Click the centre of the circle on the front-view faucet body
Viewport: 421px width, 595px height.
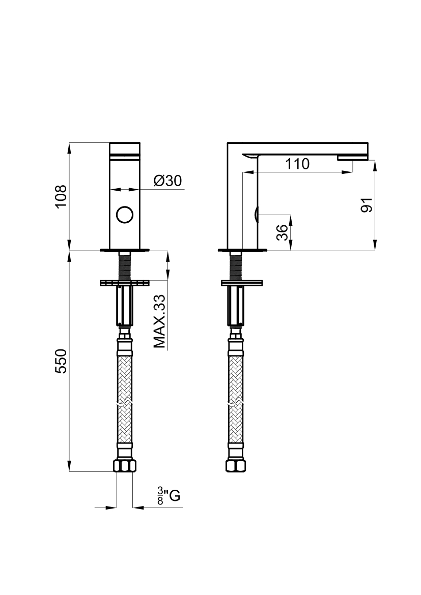click(125, 215)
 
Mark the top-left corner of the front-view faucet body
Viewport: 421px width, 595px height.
click(110, 143)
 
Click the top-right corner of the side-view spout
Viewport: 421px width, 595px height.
click(369, 143)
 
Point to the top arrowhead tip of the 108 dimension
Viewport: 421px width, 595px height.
click(70, 143)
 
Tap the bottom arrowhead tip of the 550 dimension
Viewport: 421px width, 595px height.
click(70, 471)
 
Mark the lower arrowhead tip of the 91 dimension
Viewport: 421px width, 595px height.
click(375, 250)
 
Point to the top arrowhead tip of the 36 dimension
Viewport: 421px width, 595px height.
click(290, 215)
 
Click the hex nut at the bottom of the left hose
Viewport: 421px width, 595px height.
click(125, 466)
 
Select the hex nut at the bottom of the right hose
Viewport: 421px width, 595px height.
click(236, 466)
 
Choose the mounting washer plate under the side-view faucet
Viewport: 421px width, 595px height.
click(242, 283)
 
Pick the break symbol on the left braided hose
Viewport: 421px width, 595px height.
click(125, 403)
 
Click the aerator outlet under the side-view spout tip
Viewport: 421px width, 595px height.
click(353, 158)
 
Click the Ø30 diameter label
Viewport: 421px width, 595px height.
click(168, 181)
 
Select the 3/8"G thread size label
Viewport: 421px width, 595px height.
click(169, 496)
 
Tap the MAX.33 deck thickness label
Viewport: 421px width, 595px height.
click(160, 321)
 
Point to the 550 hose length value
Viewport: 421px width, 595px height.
click(61, 361)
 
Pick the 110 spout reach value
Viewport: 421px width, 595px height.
click(297, 164)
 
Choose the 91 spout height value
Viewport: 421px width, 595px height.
click(367, 205)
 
